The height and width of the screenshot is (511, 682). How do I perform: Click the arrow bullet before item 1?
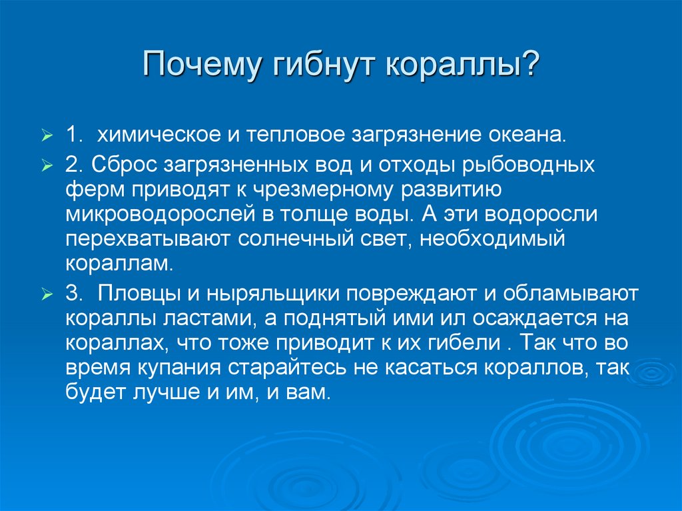pyautogui.click(x=47, y=137)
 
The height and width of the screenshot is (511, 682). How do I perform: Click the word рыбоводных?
pyautogui.click(x=537, y=164)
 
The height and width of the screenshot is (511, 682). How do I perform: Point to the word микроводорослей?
pyautogui.click(x=161, y=215)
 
